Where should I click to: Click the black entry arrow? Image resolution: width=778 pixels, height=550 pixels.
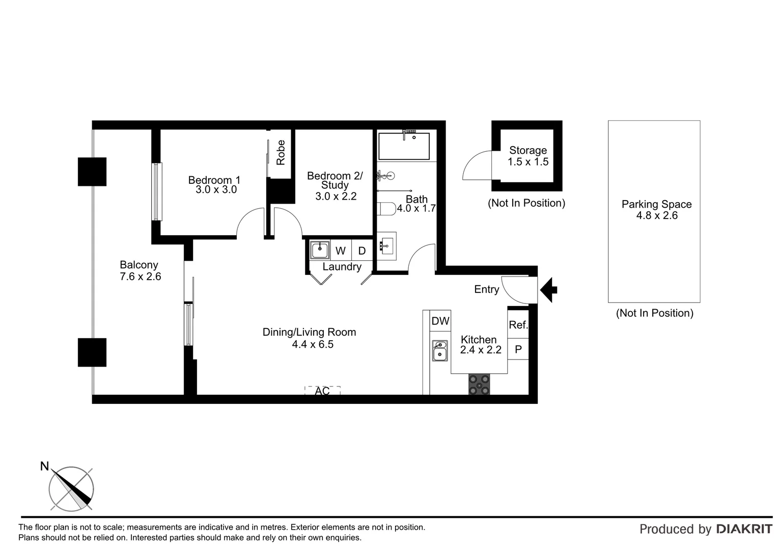548,290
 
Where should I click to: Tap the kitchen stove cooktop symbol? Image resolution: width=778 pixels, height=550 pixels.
479,384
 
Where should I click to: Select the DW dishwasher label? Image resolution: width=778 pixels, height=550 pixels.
440,321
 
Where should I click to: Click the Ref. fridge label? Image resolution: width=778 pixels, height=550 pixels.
518,325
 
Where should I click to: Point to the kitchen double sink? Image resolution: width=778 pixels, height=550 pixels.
440,350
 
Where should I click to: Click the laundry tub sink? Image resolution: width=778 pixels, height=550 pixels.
320,250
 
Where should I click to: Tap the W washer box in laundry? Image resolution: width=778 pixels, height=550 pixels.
341,251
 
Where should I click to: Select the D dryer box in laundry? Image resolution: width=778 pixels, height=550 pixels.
362,251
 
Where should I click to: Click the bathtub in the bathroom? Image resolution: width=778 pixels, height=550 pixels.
404,146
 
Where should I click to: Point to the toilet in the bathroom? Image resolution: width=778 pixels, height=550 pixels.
387,209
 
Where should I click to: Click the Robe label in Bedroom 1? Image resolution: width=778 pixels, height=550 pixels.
281,153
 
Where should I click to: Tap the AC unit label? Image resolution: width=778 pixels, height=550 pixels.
322,391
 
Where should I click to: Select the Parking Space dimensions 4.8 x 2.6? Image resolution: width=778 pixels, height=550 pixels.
657,215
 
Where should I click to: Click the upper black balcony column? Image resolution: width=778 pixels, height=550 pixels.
92,172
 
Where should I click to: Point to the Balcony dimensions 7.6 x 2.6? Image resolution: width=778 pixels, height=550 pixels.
140,277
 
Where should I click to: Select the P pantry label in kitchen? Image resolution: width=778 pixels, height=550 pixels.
518,349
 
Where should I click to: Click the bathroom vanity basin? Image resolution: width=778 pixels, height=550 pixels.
386,246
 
